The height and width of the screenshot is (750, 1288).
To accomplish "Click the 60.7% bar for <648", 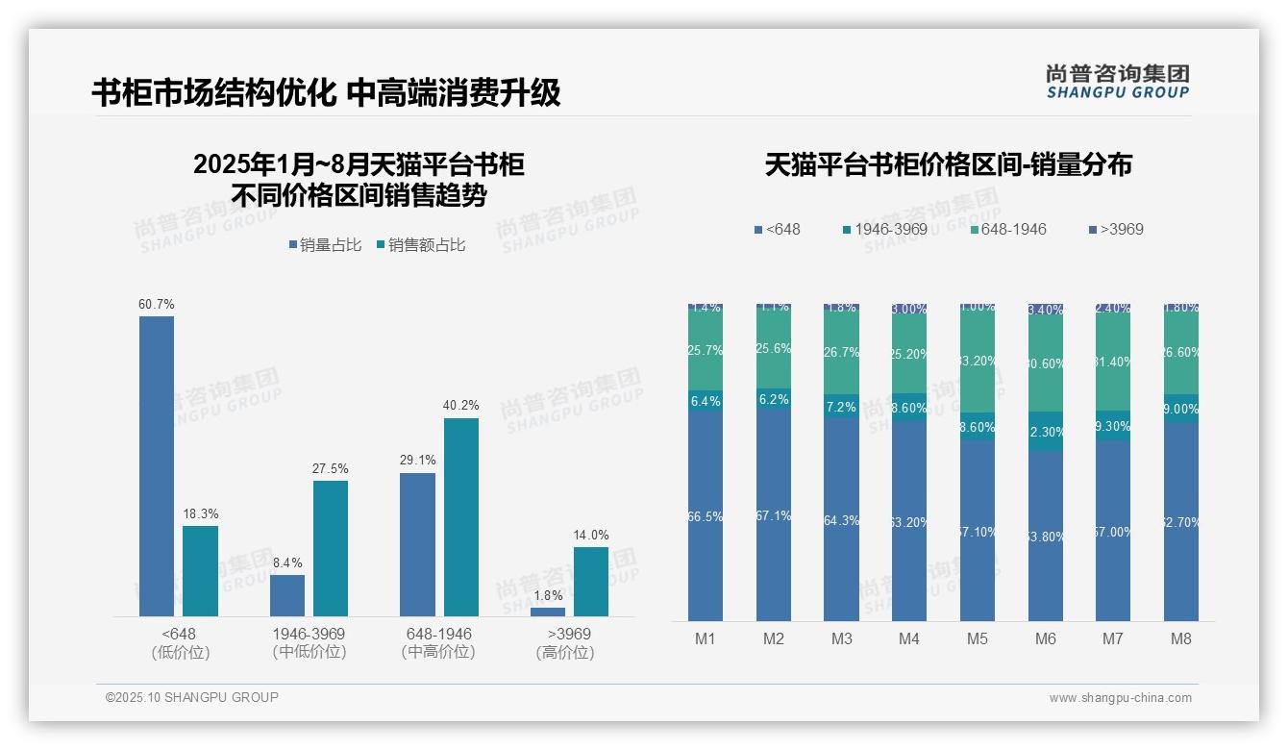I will coord(157,465).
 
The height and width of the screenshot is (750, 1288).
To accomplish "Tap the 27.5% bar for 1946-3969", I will coord(330,548).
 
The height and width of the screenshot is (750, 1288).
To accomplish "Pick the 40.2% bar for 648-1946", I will coord(461,516).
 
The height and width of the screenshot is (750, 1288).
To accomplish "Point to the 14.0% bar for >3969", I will coord(591,581).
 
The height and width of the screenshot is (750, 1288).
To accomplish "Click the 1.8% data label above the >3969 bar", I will coord(548,596).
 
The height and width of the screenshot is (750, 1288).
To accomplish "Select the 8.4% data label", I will coord(287,563).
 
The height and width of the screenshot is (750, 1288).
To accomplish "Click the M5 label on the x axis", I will coord(978,638).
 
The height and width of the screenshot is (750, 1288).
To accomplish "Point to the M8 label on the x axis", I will coord(1181,638).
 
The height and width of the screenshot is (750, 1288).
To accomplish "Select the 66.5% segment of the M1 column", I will coord(706,516).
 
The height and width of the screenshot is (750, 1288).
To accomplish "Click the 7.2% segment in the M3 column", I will coord(841,408).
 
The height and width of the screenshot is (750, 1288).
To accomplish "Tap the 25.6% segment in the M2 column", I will coord(774,349).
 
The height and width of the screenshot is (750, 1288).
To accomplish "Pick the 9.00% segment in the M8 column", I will coord(1181,409).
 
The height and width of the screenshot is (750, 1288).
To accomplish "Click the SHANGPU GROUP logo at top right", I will coord(1118,81).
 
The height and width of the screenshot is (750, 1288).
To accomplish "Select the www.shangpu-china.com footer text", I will coord(1120,698).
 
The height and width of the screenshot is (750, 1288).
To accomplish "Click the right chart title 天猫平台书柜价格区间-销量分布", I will coord(948,165).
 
